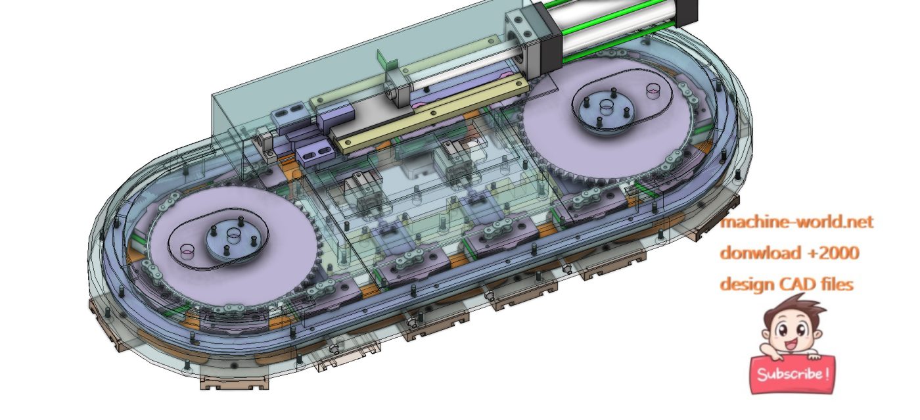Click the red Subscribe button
point(793,374)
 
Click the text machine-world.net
point(796,222)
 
